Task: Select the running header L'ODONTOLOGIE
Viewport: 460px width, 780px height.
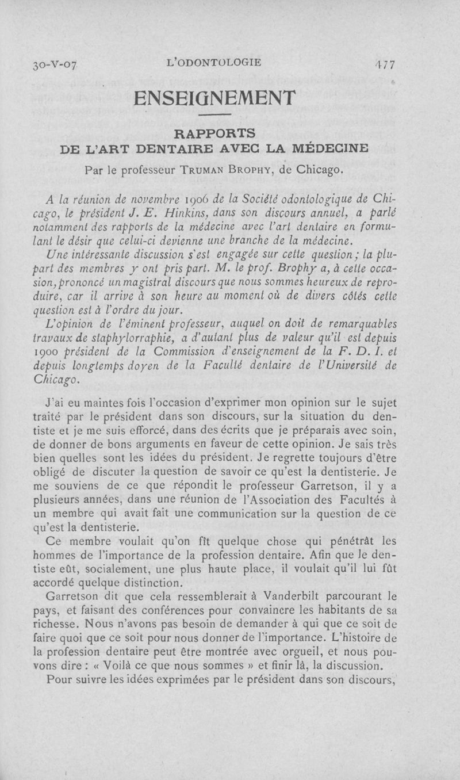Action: pos(213,62)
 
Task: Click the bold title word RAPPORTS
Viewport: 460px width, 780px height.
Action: pos(214,133)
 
